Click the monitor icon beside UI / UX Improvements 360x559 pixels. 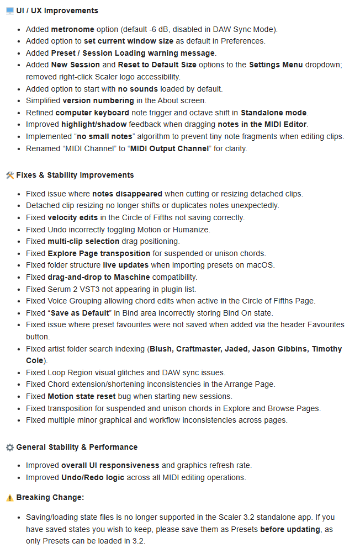[x=9, y=10]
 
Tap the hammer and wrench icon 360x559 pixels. [x=9, y=175]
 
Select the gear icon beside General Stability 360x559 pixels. [x=9, y=447]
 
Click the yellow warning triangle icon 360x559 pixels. [x=9, y=497]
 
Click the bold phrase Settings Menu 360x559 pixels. [x=276, y=65]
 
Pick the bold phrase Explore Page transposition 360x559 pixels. [x=99, y=253]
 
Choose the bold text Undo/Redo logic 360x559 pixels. [x=90, y=477]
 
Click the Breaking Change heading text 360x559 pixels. [x=50, y=497]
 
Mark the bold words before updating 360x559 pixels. [x=290, y=529]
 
